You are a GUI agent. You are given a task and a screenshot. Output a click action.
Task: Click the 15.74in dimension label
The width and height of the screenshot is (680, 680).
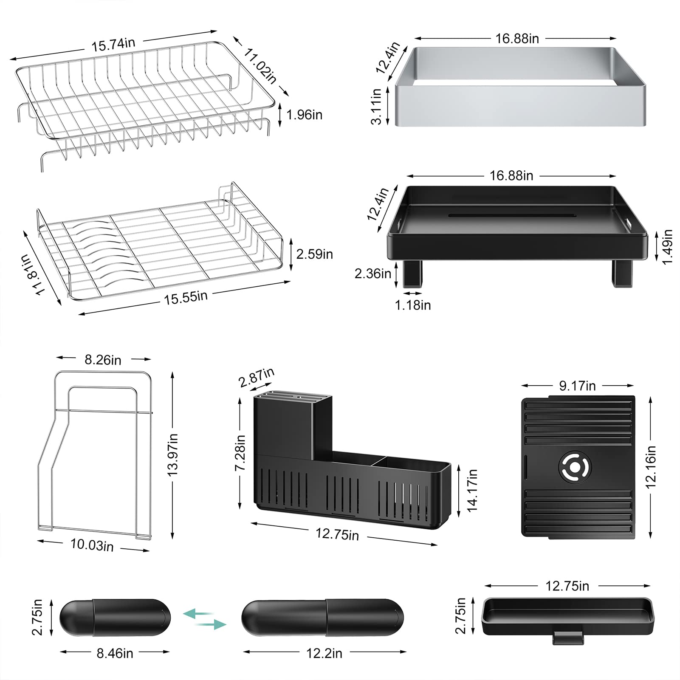tap(113, 44)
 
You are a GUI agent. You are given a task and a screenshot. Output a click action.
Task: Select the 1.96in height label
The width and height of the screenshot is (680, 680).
tap(305, 115)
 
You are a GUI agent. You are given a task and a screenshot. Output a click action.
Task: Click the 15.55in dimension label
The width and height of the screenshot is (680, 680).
tap(186, 297)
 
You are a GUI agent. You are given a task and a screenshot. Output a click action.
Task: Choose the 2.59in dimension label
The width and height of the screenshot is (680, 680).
tap(314, 254)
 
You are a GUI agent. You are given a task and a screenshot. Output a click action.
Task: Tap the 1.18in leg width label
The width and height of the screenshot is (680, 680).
tap(413, 305)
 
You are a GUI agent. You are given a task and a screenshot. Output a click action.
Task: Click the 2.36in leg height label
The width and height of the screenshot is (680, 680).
tap(373, 273)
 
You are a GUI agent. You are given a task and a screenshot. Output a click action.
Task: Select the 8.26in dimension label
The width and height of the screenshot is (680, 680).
tap(103, 360)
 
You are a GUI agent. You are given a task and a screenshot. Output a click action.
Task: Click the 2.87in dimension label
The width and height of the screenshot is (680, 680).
tap(257, 378)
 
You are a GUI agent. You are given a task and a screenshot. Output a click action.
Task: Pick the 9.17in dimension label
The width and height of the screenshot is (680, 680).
tap(577, 386)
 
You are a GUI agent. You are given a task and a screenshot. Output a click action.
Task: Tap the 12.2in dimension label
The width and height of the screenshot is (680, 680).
tap(324, 653)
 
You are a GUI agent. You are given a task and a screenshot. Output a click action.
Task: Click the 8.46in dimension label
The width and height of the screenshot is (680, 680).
tap(115, 653)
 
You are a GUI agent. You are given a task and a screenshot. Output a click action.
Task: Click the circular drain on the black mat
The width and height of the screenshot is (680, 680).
tap(575, 467)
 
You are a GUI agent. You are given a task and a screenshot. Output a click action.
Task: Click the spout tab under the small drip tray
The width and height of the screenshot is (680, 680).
tap(567, 638)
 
